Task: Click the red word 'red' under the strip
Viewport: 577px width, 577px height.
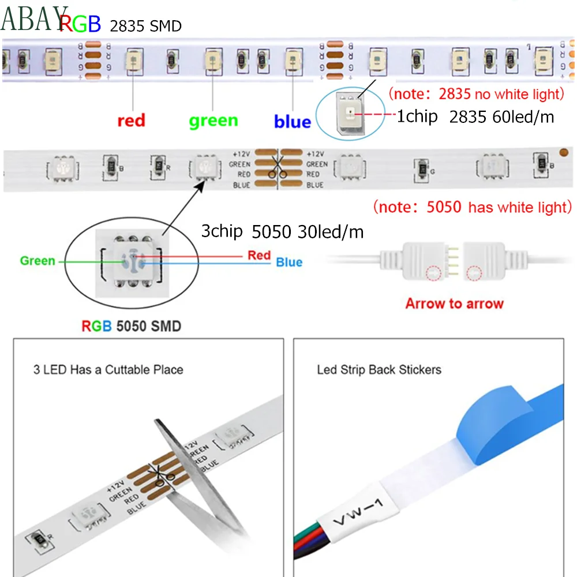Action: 131,121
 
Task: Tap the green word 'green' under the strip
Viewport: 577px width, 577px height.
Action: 213,121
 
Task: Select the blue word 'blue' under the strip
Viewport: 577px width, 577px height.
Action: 292,122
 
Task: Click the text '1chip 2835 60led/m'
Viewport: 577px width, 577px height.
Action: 475,117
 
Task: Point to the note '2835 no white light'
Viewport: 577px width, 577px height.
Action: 475,93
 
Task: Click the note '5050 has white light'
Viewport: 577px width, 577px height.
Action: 472,207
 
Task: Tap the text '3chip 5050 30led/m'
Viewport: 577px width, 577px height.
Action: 282,232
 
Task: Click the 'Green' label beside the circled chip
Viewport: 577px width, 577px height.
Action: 38,261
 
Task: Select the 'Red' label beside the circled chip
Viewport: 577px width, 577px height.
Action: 259,255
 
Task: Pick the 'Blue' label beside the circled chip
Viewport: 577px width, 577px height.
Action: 288,263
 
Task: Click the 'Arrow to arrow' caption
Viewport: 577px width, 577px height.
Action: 454,304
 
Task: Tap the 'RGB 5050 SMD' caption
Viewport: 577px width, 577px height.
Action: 131,326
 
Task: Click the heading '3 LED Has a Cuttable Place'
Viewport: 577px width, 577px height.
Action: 108,369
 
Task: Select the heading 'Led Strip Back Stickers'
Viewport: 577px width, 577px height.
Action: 379,369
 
